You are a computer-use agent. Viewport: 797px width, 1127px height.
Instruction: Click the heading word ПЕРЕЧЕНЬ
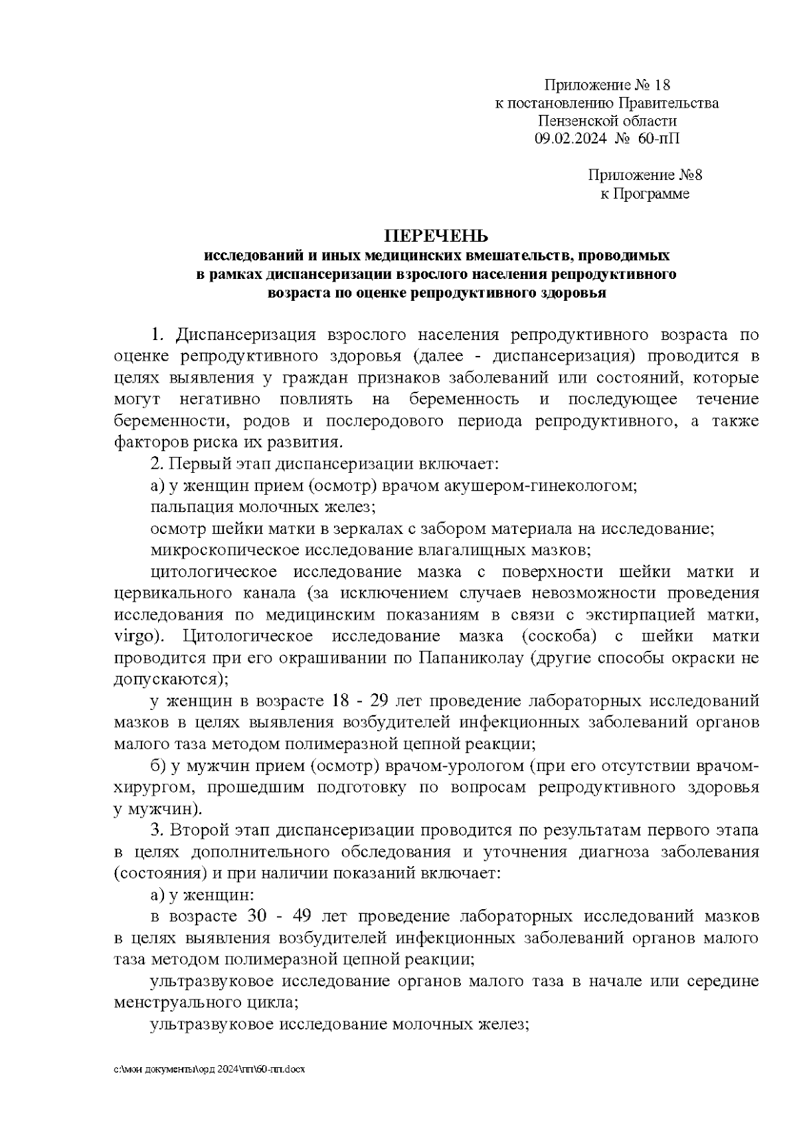[x=436, y=236]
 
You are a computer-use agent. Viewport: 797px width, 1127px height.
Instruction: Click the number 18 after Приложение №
[x=662, y=85]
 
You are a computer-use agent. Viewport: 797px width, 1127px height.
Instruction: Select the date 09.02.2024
[x=567, y=139]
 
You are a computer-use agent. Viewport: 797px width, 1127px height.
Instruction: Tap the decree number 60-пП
[x=659, y=139]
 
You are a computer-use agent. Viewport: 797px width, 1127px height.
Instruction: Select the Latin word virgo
[x=137, y=636]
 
